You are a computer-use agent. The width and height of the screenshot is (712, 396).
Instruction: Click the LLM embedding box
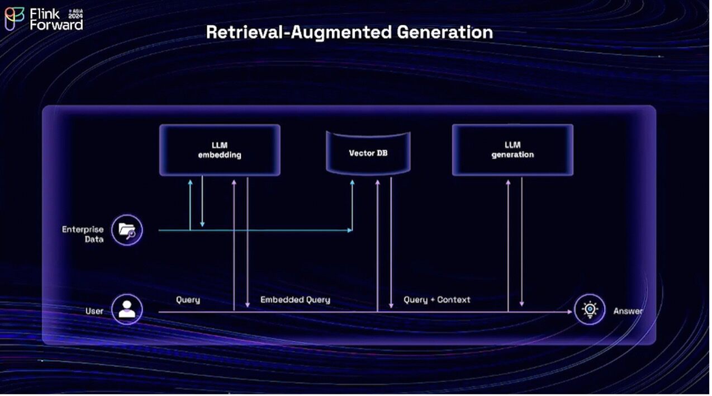click(220, 150)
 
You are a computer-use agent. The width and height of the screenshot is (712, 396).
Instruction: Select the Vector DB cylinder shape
click(368, 152)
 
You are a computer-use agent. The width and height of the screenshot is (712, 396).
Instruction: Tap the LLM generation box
click(512, 150)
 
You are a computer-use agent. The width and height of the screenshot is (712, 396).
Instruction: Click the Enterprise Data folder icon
click(127, 230)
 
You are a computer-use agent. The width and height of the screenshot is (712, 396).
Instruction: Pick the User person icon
click(127, 309)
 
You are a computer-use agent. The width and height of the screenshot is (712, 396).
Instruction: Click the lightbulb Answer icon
click(590, 309)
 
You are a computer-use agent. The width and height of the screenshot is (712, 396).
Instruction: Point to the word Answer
click(628, 311)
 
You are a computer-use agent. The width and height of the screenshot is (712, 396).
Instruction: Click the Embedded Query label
click(295, 300)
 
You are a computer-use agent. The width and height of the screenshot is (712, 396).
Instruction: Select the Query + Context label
click(437, 300)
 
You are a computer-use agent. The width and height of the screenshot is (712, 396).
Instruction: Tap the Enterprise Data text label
click(83, 234)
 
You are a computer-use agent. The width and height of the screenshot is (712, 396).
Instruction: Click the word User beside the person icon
click(94, 311)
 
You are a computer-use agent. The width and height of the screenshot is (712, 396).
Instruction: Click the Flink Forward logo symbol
click(14, 18)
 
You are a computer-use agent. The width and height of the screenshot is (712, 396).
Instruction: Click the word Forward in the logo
click(56, 25)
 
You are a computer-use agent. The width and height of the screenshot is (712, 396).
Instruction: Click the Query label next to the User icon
click(188, 300)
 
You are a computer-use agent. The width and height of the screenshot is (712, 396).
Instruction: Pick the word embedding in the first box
click(220, 155)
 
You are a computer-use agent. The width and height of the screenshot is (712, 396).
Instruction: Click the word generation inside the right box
click(512, 155)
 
